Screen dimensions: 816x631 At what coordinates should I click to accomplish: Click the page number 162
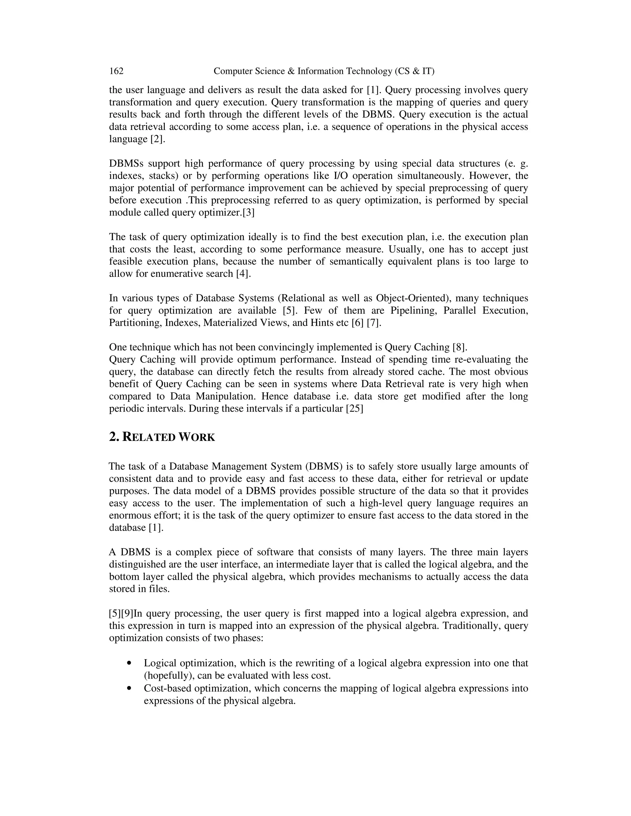coord(116,71)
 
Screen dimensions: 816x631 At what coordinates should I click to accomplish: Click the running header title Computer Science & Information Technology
coord(324,71)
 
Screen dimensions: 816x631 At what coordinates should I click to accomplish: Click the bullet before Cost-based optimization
coord(129,688)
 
